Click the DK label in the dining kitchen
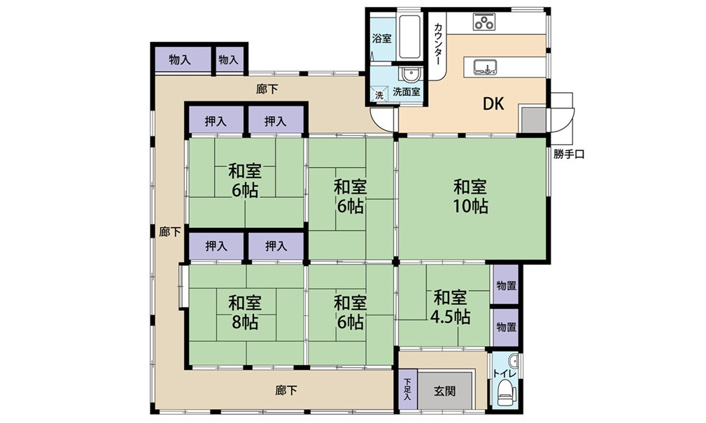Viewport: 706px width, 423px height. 493,104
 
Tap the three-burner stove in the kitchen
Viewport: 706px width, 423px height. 484,22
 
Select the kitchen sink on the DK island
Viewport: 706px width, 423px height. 484,66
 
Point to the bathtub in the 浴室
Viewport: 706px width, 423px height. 410,37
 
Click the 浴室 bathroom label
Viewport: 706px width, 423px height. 382,38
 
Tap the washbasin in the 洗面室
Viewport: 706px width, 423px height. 410,74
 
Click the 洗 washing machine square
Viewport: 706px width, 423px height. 379,95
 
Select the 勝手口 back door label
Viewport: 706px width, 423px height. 569,155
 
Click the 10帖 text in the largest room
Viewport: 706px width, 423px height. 470,206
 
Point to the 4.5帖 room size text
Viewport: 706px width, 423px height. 450,317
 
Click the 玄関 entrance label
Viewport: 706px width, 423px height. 445,391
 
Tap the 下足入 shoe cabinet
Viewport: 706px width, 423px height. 407,389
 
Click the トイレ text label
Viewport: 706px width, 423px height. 504,373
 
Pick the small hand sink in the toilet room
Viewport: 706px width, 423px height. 513,361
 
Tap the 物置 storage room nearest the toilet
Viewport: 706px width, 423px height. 506,327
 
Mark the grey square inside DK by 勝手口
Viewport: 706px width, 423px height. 534,120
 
